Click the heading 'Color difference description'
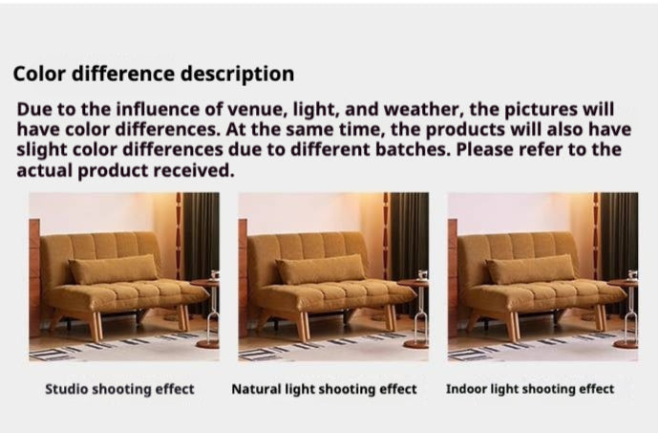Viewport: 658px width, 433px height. pyautogui.click(x=154, y=74)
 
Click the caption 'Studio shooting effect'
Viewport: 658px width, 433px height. pyautogui.click(x=120, y=390)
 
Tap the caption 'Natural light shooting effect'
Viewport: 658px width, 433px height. pyautogui.click(x=325, y=390)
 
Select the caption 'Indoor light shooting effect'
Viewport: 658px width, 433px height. pyautogui.click(x=530, y=390)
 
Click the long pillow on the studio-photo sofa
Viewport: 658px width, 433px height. pyautogui.click(x=114, y=269)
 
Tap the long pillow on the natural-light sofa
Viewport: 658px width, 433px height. pyautogui.click(x=321, y=269)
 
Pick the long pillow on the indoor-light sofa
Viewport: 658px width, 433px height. pyautogui.click(x=531, y=269)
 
